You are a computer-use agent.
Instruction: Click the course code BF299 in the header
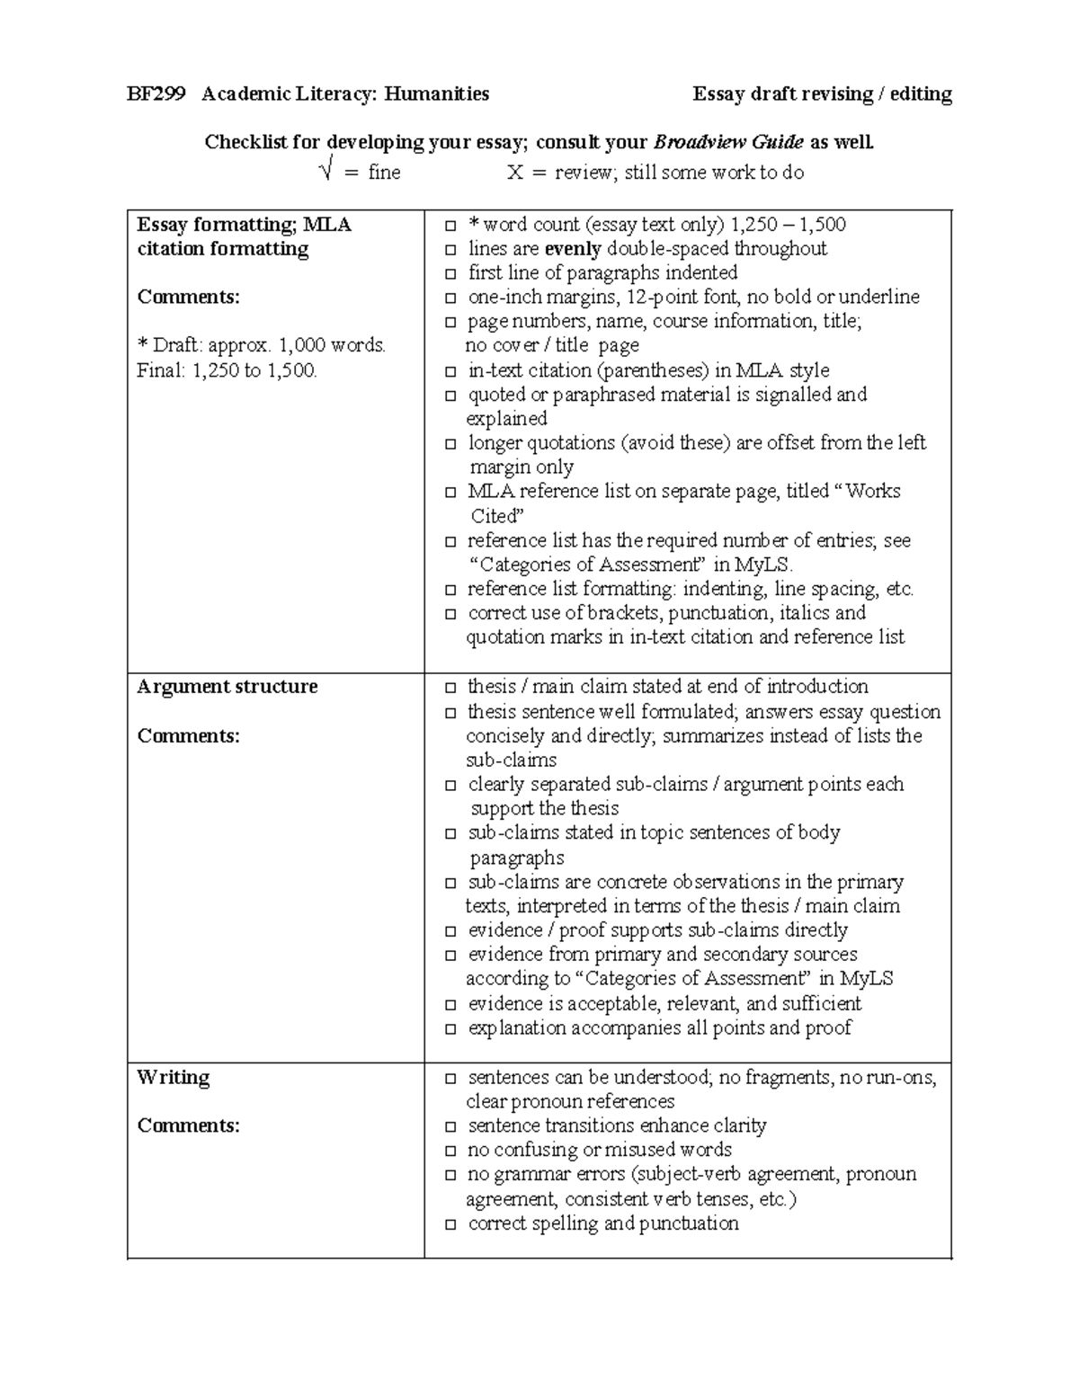[156, 94]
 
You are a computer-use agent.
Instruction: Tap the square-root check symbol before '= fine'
[327, 171]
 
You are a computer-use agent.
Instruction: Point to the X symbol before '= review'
[514, 173]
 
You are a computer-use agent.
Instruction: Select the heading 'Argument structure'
[227, 687]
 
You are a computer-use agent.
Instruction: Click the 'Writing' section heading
[173, 1077]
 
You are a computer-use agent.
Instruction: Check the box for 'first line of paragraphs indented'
[450, 274]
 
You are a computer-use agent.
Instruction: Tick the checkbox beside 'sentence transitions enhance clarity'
[450, 1127]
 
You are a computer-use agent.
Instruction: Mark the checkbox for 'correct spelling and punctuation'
[450, 1224]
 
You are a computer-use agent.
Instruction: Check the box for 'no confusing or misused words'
[450, 1151]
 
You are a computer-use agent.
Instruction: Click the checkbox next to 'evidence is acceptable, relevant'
[450, 1005]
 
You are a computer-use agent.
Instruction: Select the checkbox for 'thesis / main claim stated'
[450, 689]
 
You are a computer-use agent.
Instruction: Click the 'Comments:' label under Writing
[188, 1125]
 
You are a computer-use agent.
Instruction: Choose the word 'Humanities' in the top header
[437, 94]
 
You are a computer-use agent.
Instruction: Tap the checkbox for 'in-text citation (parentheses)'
[450, 372]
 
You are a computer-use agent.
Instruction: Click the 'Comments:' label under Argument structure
[188, 735]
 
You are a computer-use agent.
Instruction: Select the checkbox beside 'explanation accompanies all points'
[450, 1029]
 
